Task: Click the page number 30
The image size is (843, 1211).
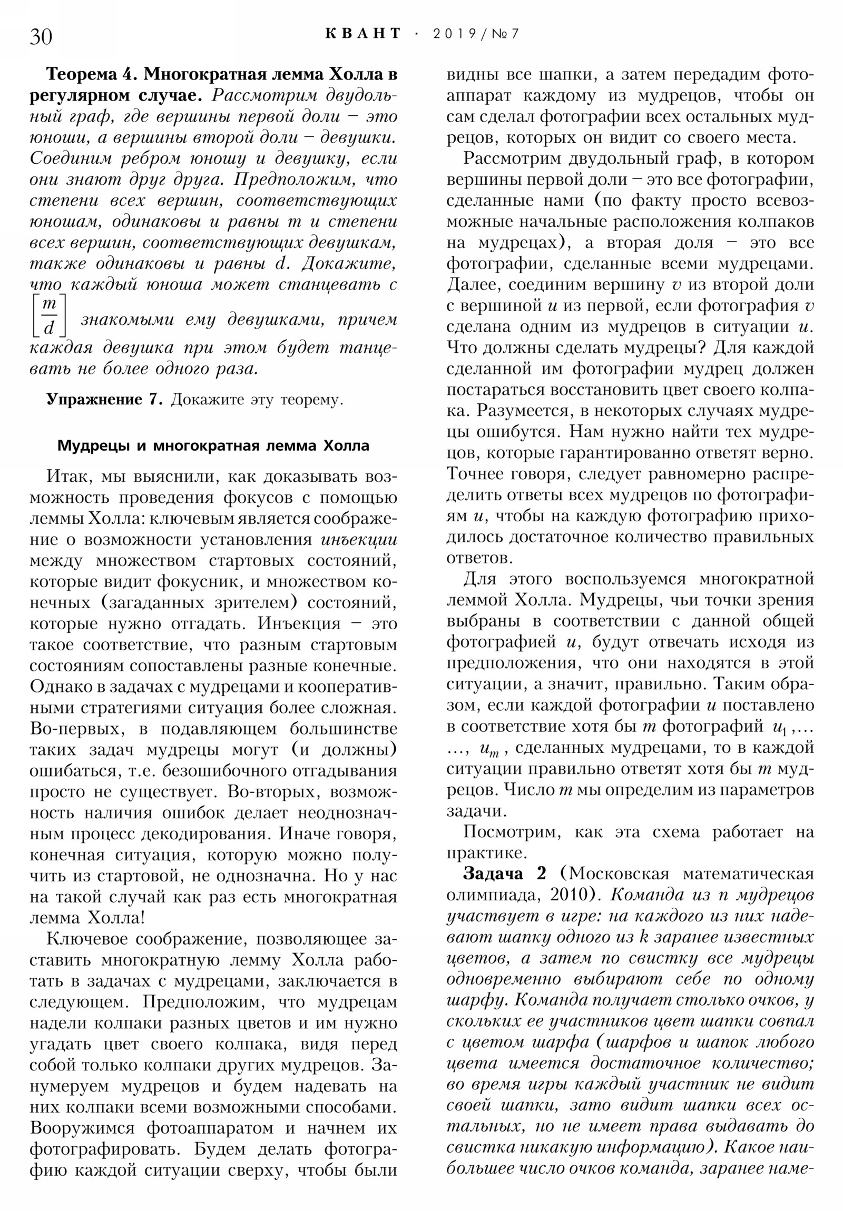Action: pos(41,37)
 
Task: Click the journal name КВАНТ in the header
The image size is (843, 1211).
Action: pos(362,34)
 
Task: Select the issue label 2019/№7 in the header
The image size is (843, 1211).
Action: pos(476,34)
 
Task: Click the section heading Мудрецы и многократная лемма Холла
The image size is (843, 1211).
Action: pos(213,445)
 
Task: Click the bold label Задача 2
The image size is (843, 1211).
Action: pos(504,874)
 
